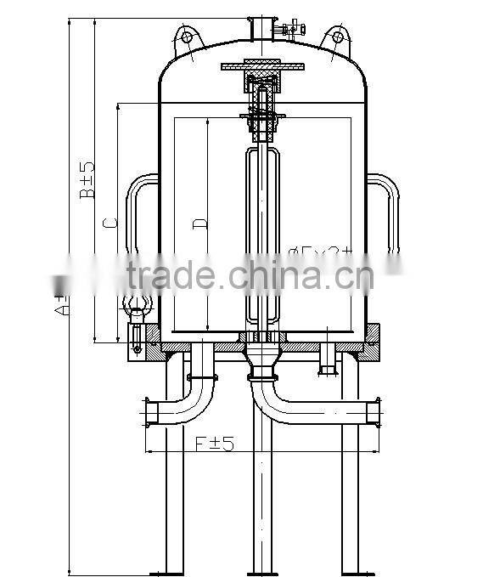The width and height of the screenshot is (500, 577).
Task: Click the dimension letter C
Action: coord(109,223)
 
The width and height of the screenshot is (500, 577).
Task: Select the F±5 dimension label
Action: coord(214,443)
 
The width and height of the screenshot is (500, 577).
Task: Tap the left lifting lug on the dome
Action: coord(187,38)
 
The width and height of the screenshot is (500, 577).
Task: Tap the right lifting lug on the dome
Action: coord(336,38)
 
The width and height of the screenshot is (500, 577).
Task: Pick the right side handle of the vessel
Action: coord(387,212)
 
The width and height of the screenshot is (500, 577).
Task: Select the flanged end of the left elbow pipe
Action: coord(148,411)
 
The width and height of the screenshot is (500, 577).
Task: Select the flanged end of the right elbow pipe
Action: coord(374,413)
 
